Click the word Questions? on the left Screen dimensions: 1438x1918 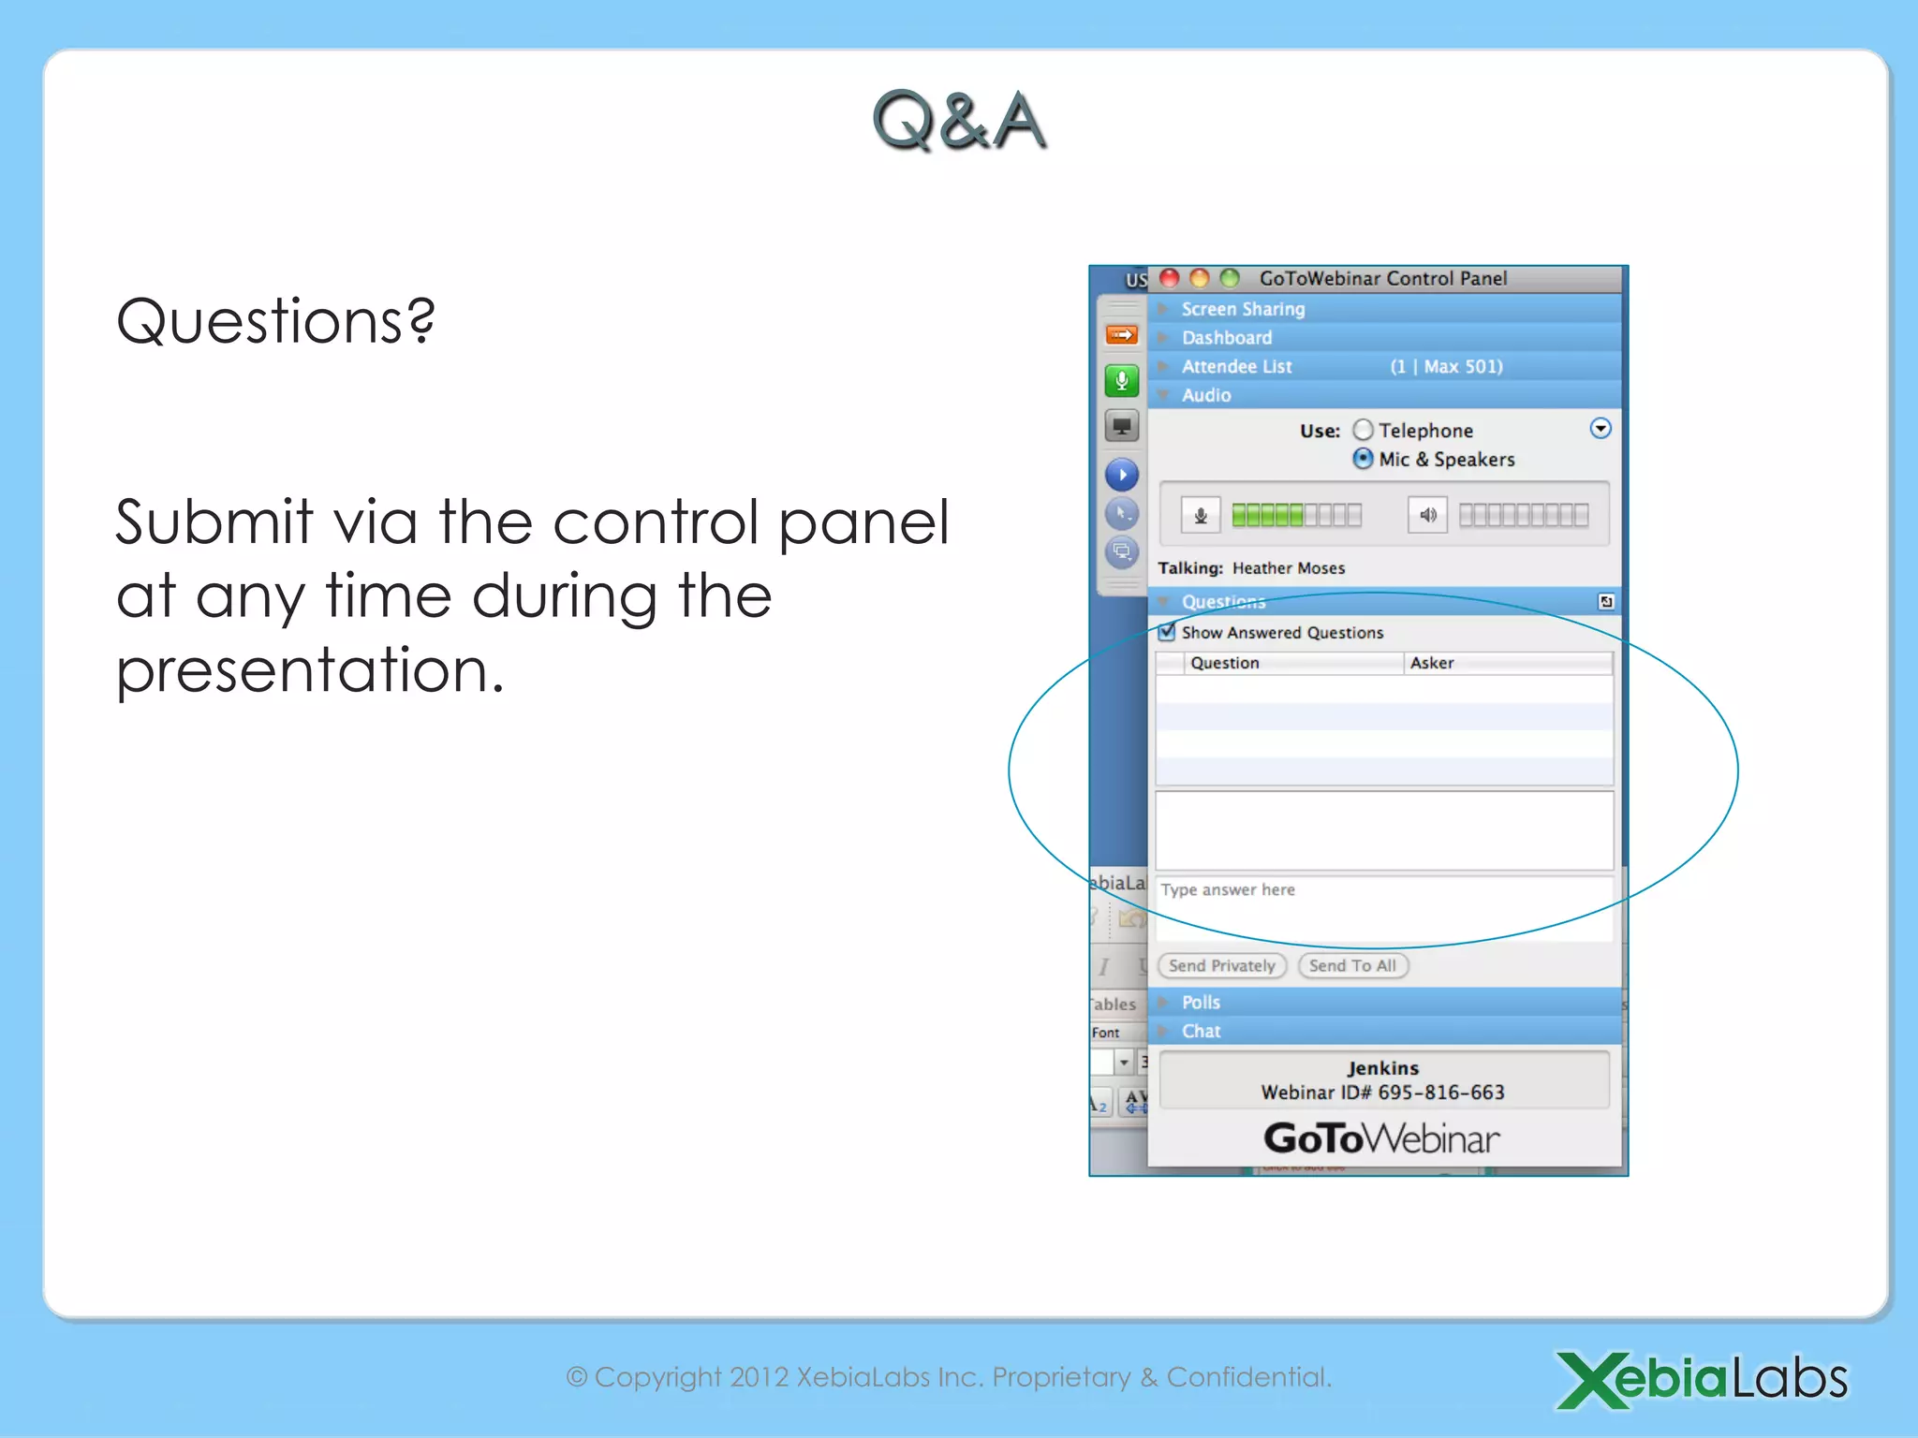pyautogui.click(x=275, y=321)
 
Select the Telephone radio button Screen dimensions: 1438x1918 pyautogui.click(x=1364, y=430)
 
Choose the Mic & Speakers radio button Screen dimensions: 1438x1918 pyautogui.click(x=1364, y=459)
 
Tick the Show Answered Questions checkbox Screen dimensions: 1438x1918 pyautogui.click(x=1167, y=632)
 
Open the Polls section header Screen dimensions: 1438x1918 pyautogui.click(x=1201, y=1002)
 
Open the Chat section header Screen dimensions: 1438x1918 pyautogui.click(x=1201, y=1031)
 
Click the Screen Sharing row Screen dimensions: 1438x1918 pyautogui.click(x=1243, y=309)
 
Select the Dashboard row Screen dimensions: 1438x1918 pyautogui.click(x=1226, y=337)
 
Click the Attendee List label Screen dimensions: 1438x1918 pyautogui.click(x=1236, y=366)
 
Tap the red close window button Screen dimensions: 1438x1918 pyautogui.click(x=1169, y=278)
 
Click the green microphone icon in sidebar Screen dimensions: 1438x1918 pyautogui.click(x=1121, y=380)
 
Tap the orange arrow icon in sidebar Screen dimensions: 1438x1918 pyautogui.click(x=1121, y=334)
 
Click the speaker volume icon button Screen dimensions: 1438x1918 pyautogui.click(x=1427, y=515)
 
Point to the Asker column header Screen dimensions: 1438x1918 pyautogui.click(x=1432, y=663)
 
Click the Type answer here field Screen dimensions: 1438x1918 pyautogui.click(x=1383, y=906)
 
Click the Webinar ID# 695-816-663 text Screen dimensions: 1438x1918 pyautogui.click(x=1382, y=1093)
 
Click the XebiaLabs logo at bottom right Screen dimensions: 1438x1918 pyautogui.click(x=1701, y=1379)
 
